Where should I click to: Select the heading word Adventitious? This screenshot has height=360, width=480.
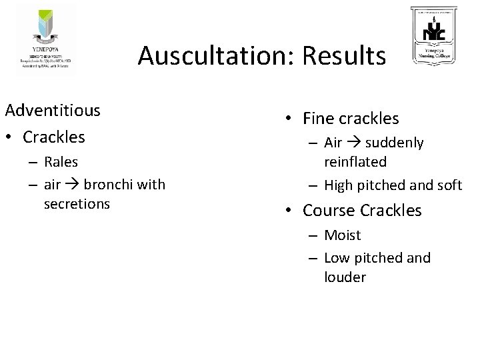(52, 109)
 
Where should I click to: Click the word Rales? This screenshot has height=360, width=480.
(61, 161)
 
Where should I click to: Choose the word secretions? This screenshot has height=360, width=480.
(76, 203)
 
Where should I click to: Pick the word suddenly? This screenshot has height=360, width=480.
(395, 143)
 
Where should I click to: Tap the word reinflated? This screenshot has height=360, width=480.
(355, 161)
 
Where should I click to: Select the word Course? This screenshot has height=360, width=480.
(329, 211)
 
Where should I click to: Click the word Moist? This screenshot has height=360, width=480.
(342, 235)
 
